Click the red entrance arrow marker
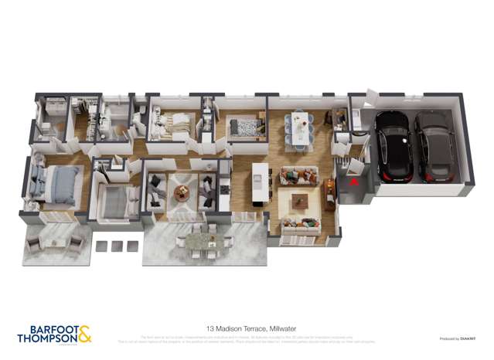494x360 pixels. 353,183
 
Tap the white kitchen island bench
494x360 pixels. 261,182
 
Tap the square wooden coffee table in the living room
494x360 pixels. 298,202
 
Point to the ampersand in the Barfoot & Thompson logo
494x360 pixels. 85,334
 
